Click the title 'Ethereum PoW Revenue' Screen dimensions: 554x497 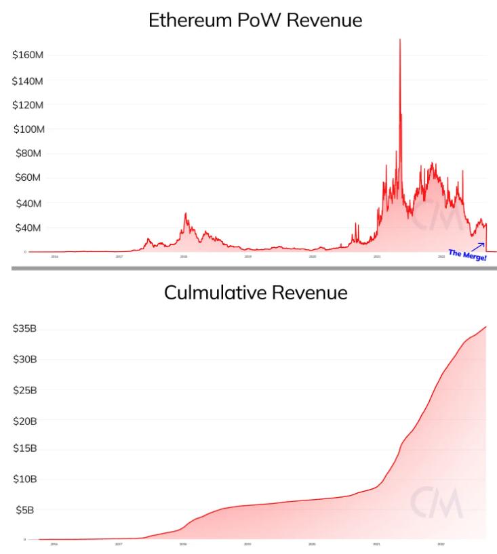point(255,20)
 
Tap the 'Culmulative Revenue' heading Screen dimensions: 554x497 point(255,293)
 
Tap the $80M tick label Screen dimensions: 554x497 point(28,154)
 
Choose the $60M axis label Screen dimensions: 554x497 point(28,178)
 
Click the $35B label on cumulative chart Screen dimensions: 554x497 point(26,328)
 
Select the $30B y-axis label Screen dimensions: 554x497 point(26,359)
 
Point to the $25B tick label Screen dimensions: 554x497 point(26,390)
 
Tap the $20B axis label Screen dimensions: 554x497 point(26,421)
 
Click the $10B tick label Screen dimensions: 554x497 point(26,479)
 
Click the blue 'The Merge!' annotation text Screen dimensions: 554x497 point(467,255)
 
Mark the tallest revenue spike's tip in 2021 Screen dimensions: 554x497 point(400,40)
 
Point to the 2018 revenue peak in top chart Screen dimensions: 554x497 point(185,214)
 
